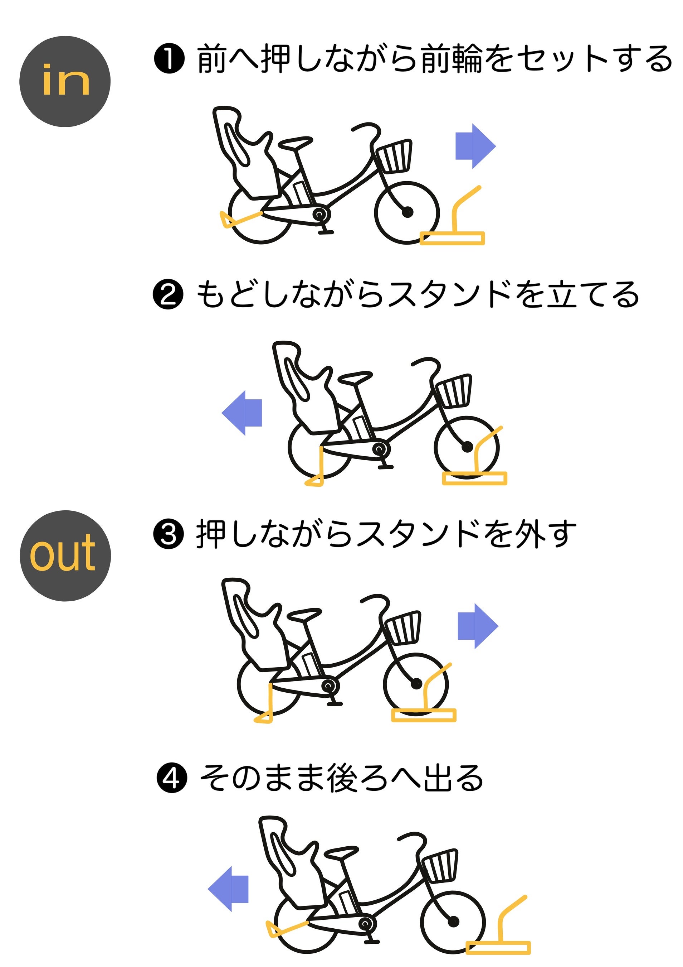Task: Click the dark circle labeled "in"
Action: [x=65, y=81]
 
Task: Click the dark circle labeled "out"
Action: [x=65, y=555]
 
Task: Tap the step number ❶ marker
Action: [x=169, y=59]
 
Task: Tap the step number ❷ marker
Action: [x=168, y=294]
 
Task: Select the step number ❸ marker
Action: [x=168, y=534]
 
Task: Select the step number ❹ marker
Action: [x=172, y=778]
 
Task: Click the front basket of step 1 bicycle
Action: [x=394, y=156]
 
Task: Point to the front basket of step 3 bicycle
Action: [x=403, y=627]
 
